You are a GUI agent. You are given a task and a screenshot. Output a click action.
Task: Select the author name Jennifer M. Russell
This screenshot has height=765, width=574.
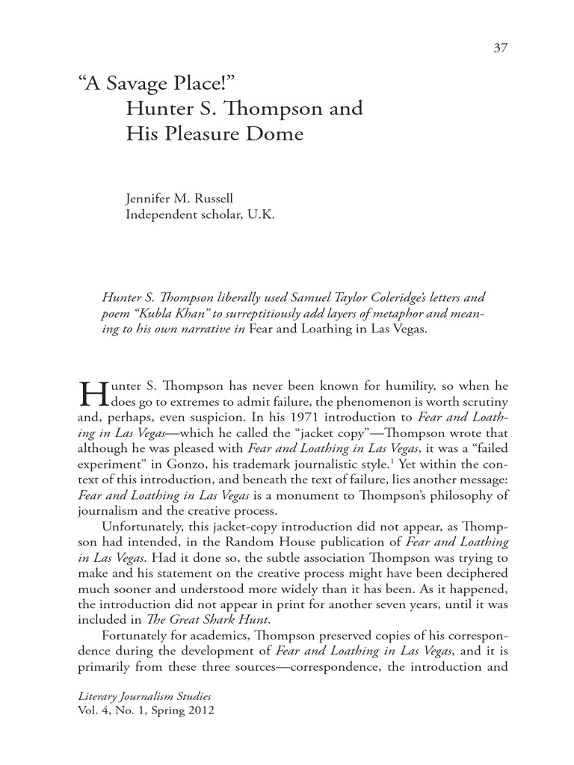(x=179, y=199)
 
